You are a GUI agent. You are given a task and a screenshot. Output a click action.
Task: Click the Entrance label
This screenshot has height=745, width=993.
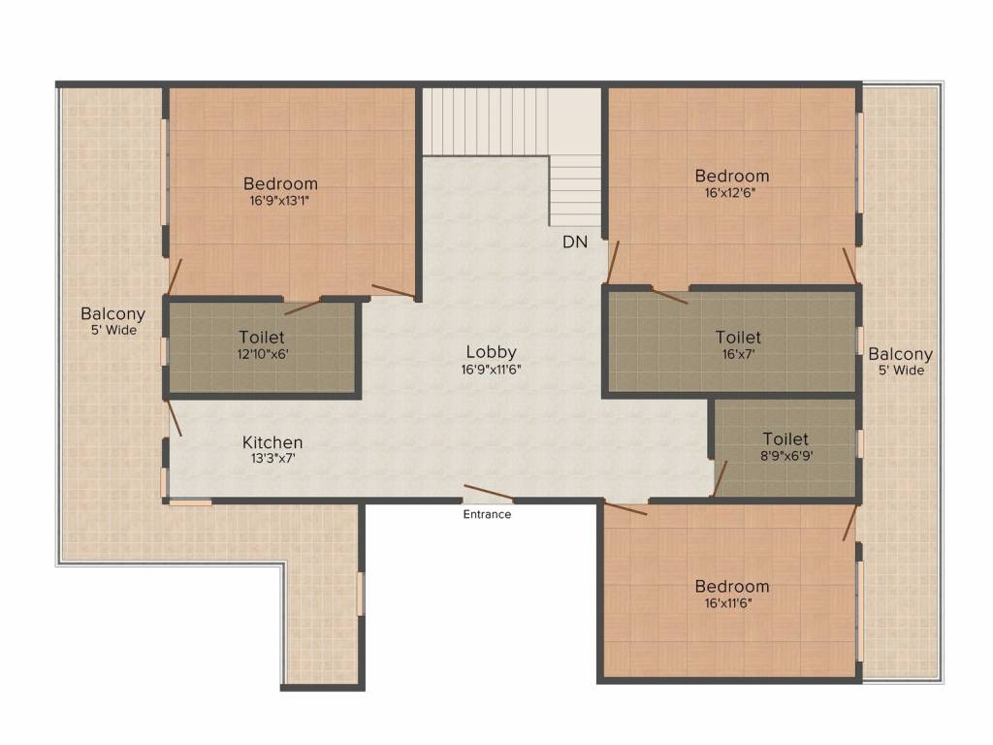[x=486, y=514]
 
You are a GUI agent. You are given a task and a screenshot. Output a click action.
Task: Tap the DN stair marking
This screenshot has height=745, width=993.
[x=575, y=243]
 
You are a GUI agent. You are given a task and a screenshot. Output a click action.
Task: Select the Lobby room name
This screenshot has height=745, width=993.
[x=491, y=352]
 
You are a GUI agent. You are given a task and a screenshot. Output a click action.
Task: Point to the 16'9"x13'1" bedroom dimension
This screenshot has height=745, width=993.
[x=279, y=200]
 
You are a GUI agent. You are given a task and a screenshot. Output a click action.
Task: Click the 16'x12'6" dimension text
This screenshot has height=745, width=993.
[x=731, y=192]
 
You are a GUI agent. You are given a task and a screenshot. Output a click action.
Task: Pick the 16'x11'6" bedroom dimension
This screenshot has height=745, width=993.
[x=731, y=602]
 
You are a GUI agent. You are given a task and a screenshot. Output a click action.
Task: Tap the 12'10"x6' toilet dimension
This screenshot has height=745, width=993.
[x=262, y=354]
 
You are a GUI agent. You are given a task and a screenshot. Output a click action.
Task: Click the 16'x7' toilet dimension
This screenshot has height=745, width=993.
[x=738, y=354]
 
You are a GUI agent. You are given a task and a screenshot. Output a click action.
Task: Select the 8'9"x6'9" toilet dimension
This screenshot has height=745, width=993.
[x=785, y=455]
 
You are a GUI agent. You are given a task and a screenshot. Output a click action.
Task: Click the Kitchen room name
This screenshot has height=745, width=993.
[x=272, y=442]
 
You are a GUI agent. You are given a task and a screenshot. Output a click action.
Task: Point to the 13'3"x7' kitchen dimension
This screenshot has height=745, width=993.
[x=272, y=459]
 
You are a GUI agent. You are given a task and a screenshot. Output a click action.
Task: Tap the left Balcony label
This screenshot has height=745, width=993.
[x=112, y=313]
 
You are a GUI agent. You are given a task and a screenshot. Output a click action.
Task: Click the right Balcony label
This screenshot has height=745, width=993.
[x=900, y=354]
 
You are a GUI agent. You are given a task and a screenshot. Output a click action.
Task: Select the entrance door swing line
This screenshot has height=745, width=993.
[x=489, y=492]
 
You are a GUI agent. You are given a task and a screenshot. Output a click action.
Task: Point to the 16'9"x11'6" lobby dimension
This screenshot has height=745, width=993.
[x=493, y=369]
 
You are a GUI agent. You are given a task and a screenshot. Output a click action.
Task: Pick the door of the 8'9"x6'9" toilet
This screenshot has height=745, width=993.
[x=721, y=478]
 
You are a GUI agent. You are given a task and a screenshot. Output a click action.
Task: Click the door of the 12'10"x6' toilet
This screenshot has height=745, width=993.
[x=303, y=308]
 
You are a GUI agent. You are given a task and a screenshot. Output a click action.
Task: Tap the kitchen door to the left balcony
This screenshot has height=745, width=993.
[x=174, y=418]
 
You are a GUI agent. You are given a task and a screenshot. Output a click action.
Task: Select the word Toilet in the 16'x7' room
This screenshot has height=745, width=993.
[x=738, y=338]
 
